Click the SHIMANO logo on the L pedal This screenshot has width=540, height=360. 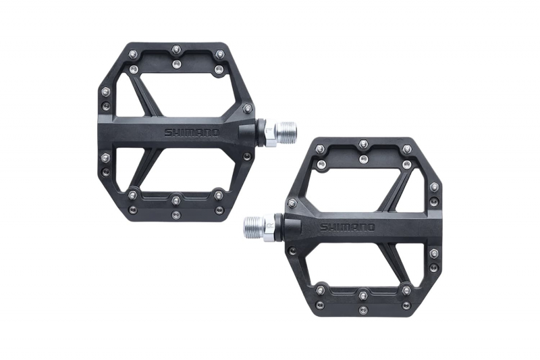coord(192,133)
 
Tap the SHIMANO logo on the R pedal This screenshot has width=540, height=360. coord(347,228)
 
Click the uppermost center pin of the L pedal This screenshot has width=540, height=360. coord(176,48)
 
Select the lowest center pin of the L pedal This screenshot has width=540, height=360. coord(176,214)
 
